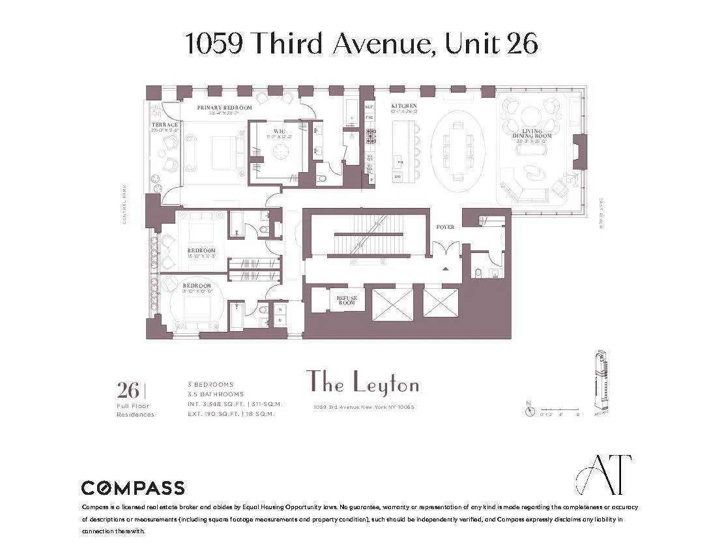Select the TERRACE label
click(165, 125)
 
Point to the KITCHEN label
click(403, 106)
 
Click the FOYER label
click(446, 227)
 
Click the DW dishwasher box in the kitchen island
click(398, 177)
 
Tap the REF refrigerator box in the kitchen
click(369, 106)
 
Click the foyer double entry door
click(446, 250)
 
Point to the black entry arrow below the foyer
click(446, 268)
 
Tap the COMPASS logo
click(132, 488)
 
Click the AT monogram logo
click(603, 474)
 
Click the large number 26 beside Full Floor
click(128, 391)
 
